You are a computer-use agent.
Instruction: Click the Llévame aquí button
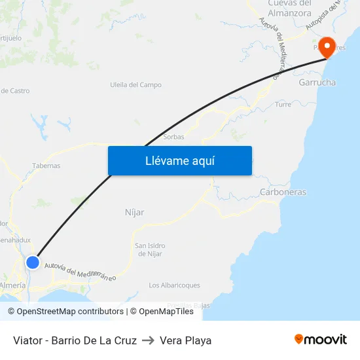[x=179, y=160]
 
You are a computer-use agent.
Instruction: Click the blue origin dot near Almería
[x=33, y=262]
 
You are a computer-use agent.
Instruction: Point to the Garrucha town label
[x=317, y=83]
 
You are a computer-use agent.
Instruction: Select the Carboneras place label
[x=283, y=192]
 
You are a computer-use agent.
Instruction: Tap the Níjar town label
[x=134, y=213]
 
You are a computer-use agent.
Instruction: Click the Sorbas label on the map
[x=173, y=137]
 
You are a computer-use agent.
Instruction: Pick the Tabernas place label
[x=46, y=166]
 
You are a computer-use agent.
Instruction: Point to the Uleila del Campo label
[x=135, y=85]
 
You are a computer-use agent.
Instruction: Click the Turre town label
[x=283, y=105]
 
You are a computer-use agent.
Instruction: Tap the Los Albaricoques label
[x=174, y=285]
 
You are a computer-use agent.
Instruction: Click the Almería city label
[x=13, y=285]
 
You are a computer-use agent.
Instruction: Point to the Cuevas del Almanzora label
[x=289, y=8]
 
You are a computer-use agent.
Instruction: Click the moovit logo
[x=320, y=339]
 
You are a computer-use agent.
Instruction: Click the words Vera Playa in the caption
[x=185, y=340]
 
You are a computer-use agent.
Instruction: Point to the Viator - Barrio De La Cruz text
[x=75, y=340]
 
